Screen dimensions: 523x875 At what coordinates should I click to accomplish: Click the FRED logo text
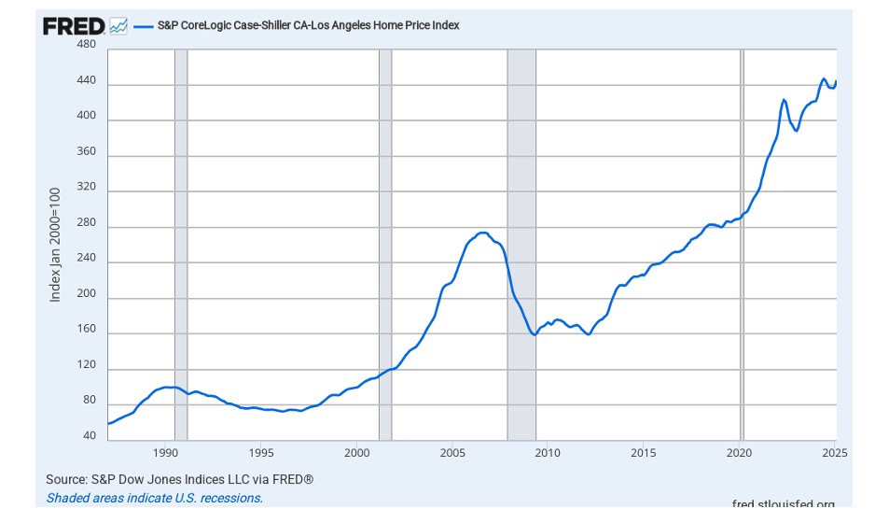[74, 25]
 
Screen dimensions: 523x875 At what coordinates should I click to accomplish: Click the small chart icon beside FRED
[118, 26]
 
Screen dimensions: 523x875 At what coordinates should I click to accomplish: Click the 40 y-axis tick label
[89, 435]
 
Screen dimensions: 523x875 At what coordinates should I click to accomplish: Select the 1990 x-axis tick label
[165, 454]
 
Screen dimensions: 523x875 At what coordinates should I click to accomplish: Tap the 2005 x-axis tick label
[452, 454]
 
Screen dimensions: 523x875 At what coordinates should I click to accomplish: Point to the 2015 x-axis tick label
[644, 454]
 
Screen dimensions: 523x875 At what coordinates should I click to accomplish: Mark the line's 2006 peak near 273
[482, 233]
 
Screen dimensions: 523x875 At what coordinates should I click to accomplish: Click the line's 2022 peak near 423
[784, 99]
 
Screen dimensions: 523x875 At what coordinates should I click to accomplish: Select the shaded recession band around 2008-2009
[521, 280]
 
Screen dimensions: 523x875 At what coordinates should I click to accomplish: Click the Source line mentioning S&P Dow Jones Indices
[179, 479]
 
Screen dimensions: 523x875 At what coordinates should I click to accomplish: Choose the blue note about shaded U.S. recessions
[154, 498]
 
